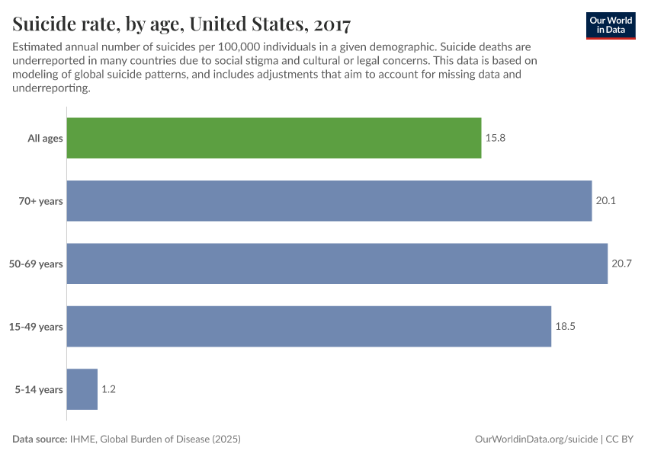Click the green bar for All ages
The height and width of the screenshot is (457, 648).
click(274, 138)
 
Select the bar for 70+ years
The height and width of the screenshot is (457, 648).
click(329, 201)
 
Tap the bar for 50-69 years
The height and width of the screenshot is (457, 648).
click(337, 264)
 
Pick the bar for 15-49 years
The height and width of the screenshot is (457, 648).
click(309, 327)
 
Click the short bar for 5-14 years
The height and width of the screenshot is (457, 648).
click(82, 389)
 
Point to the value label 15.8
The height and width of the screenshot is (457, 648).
click(495, 139)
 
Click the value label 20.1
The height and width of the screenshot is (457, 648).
click(605, 201)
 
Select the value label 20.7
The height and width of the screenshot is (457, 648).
click(621, 264)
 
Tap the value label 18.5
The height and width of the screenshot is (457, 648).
click(565, 327)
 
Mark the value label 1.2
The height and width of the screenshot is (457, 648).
click(108, 389)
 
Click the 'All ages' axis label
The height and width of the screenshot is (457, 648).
click(45, 139)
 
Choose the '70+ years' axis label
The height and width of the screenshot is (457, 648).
click(41, 201)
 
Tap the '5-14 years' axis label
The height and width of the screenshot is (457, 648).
click(40, 389)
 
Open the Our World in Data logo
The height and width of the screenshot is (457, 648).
click(610, 25)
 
